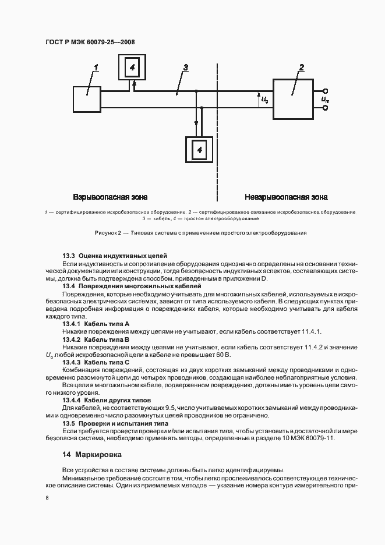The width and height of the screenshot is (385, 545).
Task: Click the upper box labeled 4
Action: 132,67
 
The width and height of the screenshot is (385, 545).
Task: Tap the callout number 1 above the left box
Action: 97,68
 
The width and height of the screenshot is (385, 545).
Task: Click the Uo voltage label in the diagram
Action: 265,100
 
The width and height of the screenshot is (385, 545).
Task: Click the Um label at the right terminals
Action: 324,100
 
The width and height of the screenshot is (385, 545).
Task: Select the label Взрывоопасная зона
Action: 110,197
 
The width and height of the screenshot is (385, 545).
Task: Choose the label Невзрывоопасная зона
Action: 286,197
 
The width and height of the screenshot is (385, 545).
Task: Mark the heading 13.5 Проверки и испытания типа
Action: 115,423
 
